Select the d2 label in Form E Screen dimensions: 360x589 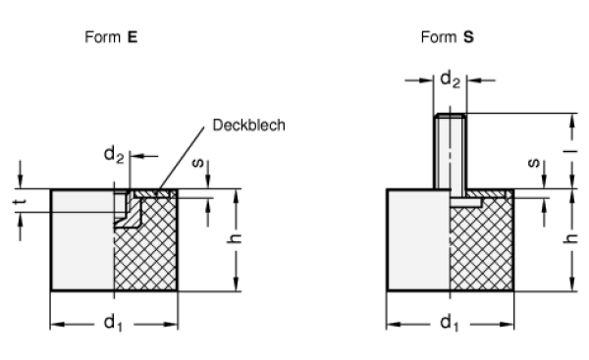(114, 154)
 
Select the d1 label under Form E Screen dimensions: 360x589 (114, 322)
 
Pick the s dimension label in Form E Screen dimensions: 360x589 (197, 164)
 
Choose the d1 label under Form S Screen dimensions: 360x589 (448, 322)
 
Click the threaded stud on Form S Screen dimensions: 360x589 (448, 147)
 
